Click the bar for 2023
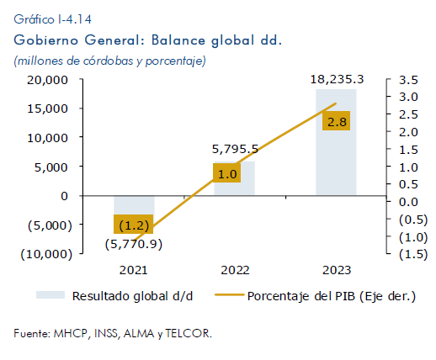pos(336,142)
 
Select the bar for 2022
pos(234,178)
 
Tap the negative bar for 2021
pos(134,213)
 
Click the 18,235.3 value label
pos(337,80)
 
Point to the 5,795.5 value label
pos(235,149)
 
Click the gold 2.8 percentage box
pos(336,121)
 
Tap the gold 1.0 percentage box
pos(226,173)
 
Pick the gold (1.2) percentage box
pos(133,224)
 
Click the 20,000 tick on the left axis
pos(47,80)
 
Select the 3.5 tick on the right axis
pos(408,80)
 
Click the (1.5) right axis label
pos(413,254)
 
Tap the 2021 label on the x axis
pos(133,270)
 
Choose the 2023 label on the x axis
pos(337,270)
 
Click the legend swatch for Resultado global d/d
pos(51,295)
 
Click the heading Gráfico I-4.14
pos(52,19)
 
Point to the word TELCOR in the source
pos(189,333)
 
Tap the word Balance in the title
pos(178,40)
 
